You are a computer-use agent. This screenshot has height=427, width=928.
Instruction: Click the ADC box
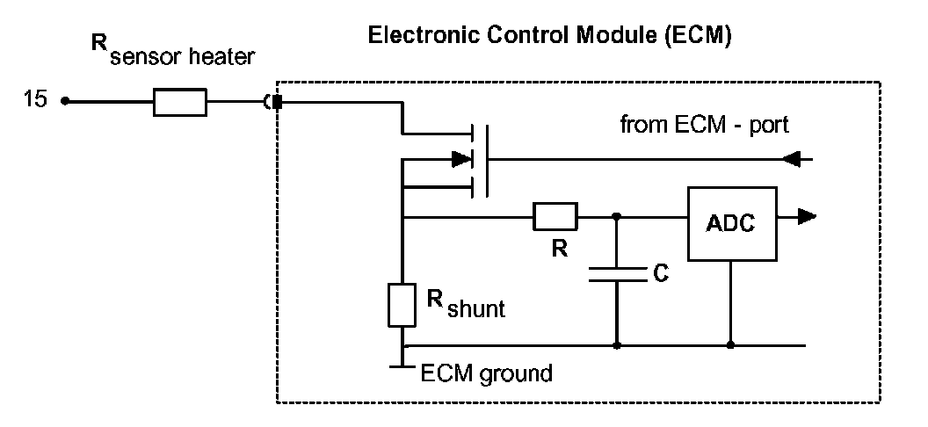732,223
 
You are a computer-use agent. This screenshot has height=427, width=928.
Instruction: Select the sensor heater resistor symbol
180,102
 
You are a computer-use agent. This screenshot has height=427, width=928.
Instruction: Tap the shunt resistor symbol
402,305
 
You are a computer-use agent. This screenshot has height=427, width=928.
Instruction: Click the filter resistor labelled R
555,216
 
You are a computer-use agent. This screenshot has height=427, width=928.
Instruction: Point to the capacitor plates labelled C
618,274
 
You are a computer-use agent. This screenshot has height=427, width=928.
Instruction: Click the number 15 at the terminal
34,99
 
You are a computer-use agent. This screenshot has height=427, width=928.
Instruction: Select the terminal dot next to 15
65,102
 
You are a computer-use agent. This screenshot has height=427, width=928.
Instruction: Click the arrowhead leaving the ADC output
807,216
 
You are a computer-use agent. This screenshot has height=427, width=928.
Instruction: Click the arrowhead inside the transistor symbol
461,159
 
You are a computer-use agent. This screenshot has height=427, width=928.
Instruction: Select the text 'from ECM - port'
704,126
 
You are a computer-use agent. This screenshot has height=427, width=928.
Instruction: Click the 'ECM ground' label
486,373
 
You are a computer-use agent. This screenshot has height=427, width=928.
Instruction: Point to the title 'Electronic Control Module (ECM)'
550,35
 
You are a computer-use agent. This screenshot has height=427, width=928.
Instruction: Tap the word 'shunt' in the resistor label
476,308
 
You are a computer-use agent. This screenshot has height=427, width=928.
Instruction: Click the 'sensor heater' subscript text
182,57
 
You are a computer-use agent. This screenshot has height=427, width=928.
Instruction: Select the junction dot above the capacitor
617,216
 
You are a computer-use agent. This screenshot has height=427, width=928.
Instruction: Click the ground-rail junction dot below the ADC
730,344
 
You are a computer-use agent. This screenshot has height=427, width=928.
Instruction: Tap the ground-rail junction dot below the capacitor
617,344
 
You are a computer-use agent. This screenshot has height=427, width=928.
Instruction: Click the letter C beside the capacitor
661,273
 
